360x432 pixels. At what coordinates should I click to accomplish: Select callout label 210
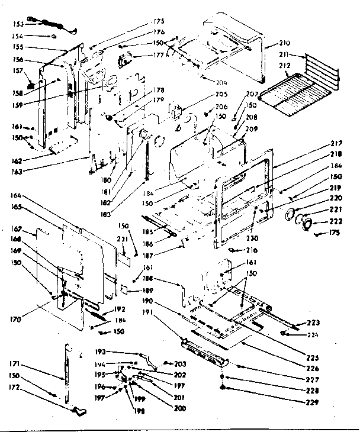click(x=285, y=43)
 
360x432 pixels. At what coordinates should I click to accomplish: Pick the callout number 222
click(x=319, y=222)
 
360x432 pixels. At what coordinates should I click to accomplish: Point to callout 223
click(x=313, y=323)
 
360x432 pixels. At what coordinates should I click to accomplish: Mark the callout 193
click(x=117, y=352)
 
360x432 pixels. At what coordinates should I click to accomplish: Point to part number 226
click(x=313, y=367)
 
